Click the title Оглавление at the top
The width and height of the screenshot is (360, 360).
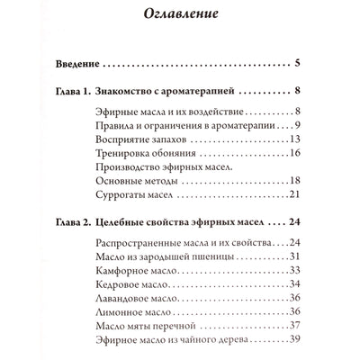[180, 14]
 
